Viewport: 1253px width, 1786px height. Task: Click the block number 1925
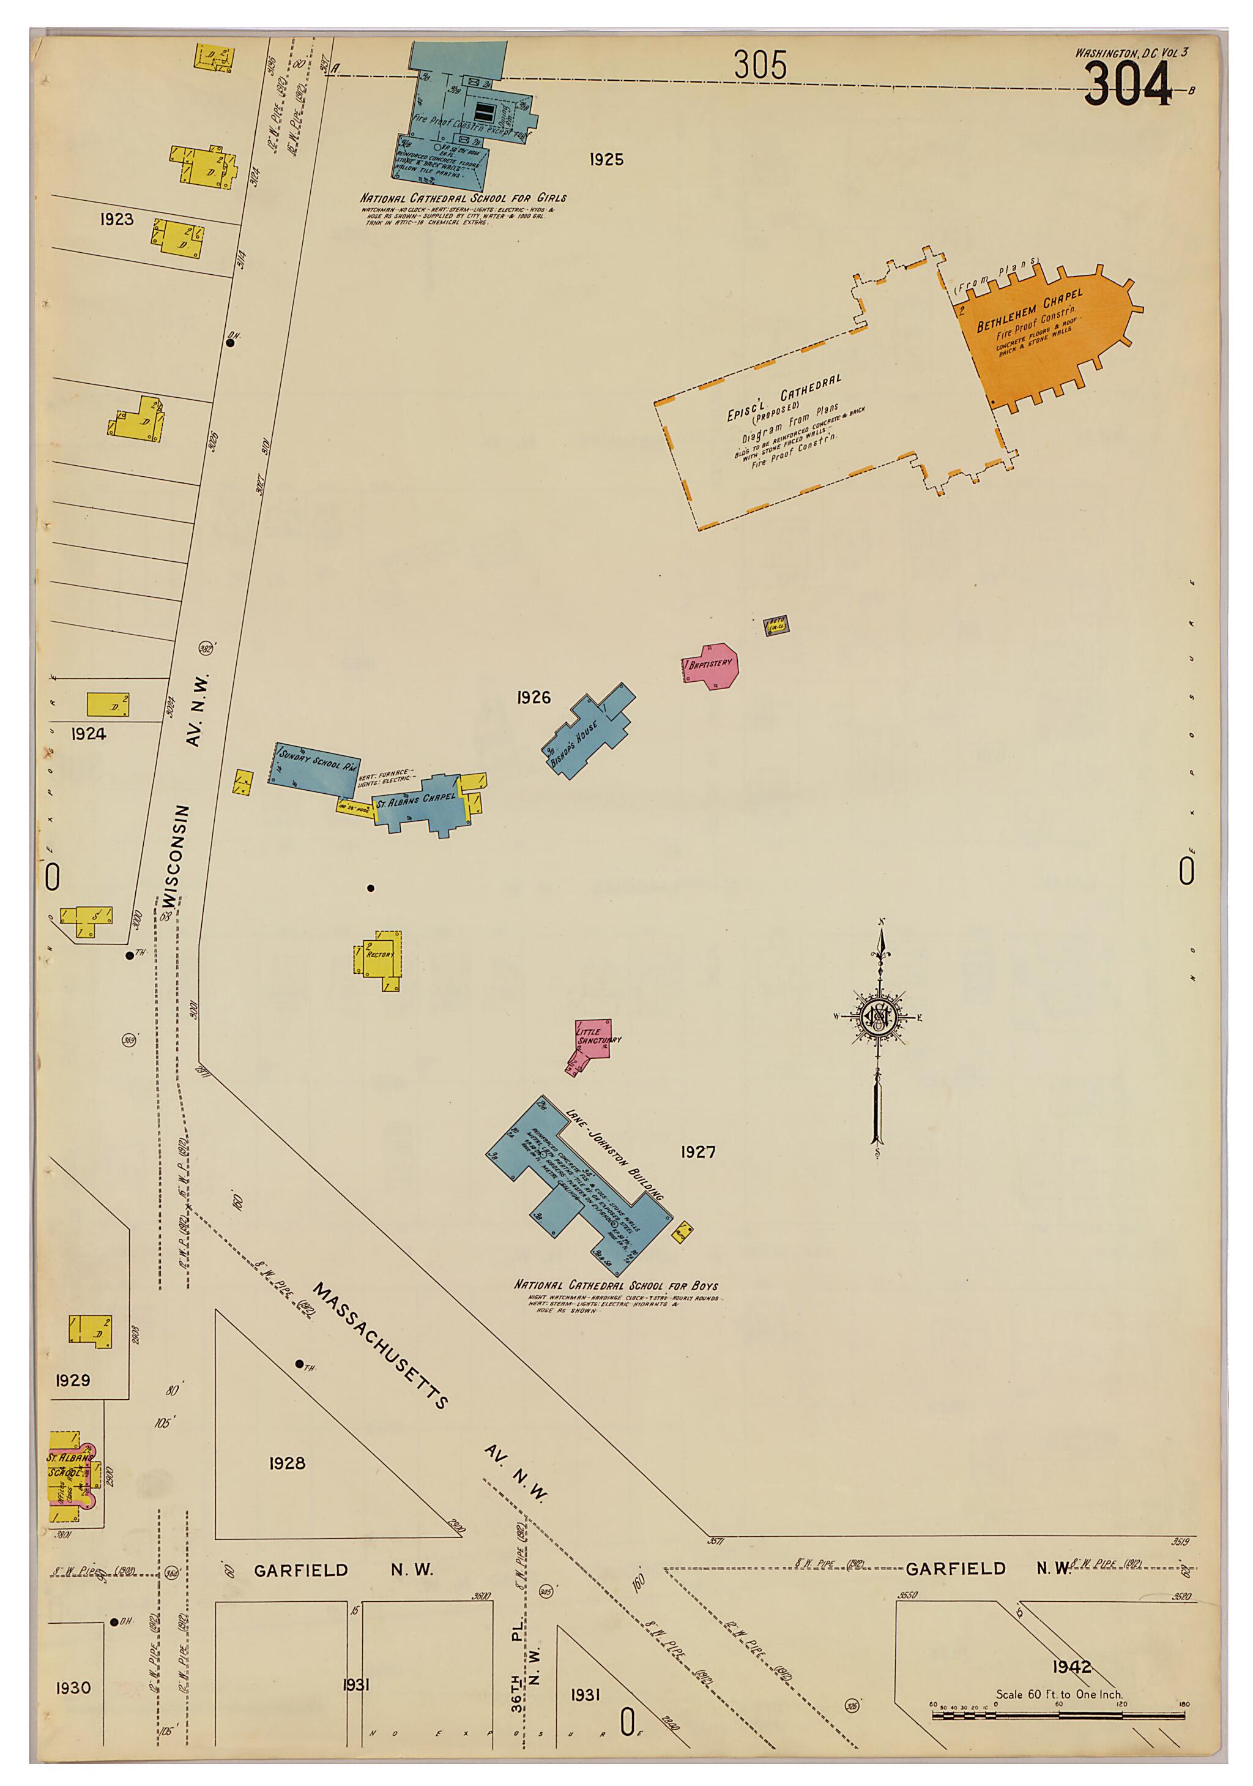(606, 160)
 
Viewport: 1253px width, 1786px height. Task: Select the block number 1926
(534, 698)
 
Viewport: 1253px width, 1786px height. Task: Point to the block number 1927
(697, 1152)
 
